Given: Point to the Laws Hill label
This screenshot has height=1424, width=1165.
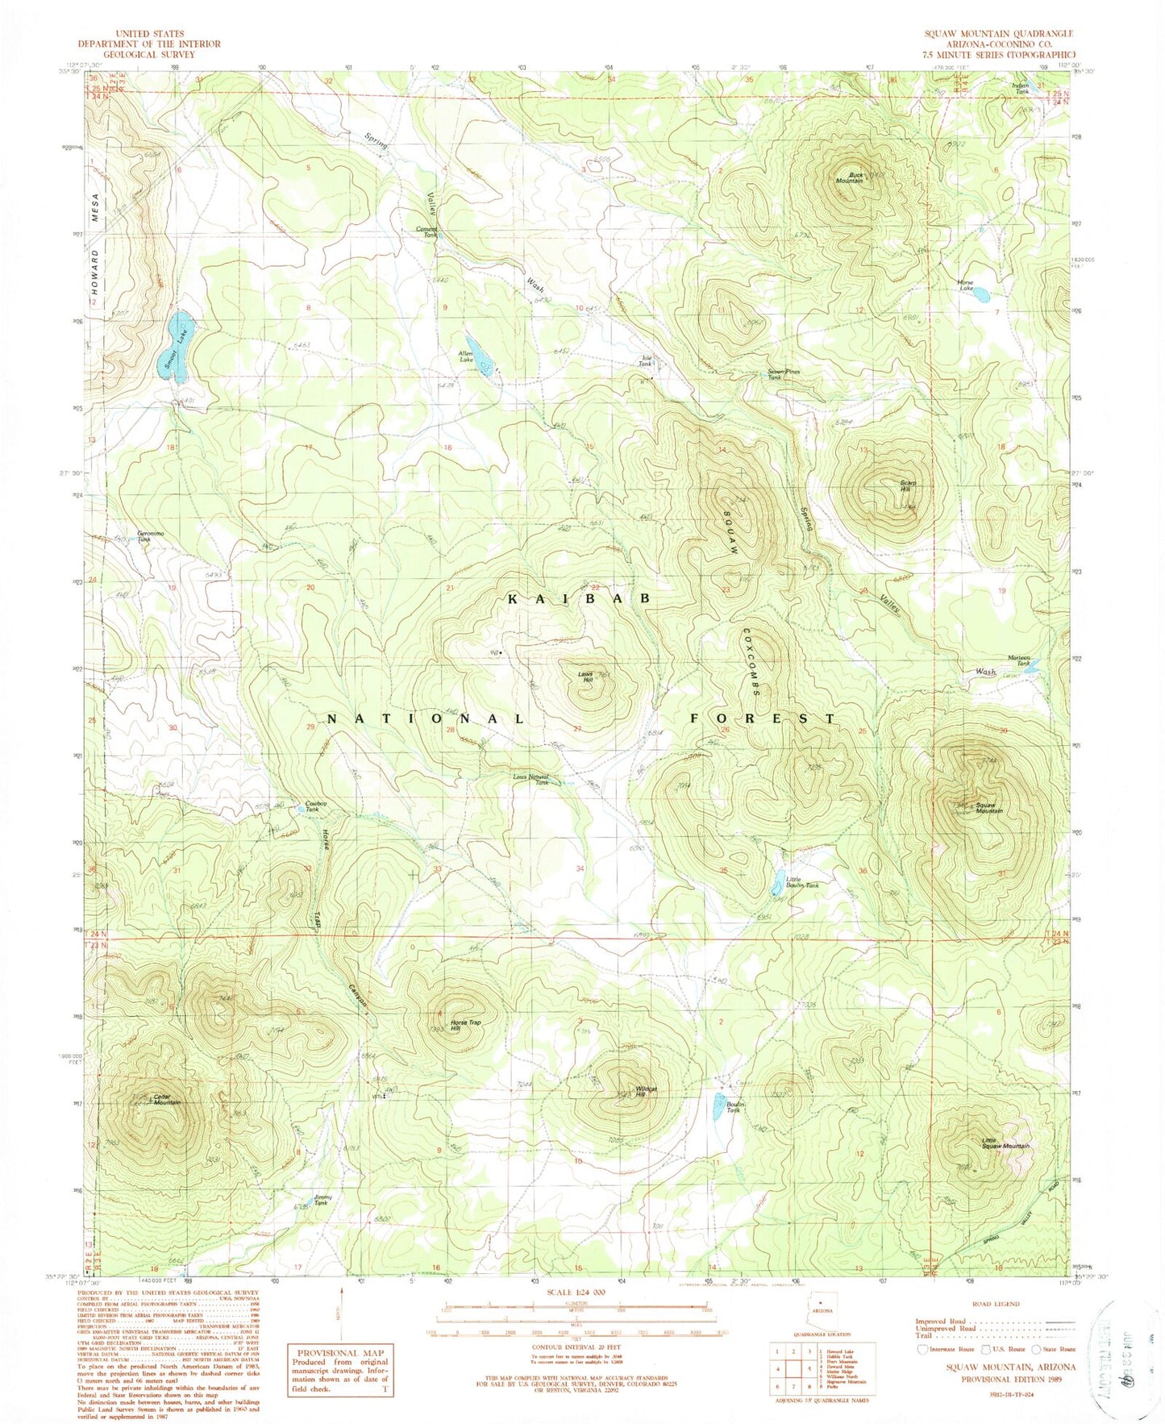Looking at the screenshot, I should pos(587,678).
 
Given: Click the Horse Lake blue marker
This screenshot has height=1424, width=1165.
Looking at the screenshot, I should pos(980,294).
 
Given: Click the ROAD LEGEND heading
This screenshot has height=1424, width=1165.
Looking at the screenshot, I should pos(996,1326).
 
